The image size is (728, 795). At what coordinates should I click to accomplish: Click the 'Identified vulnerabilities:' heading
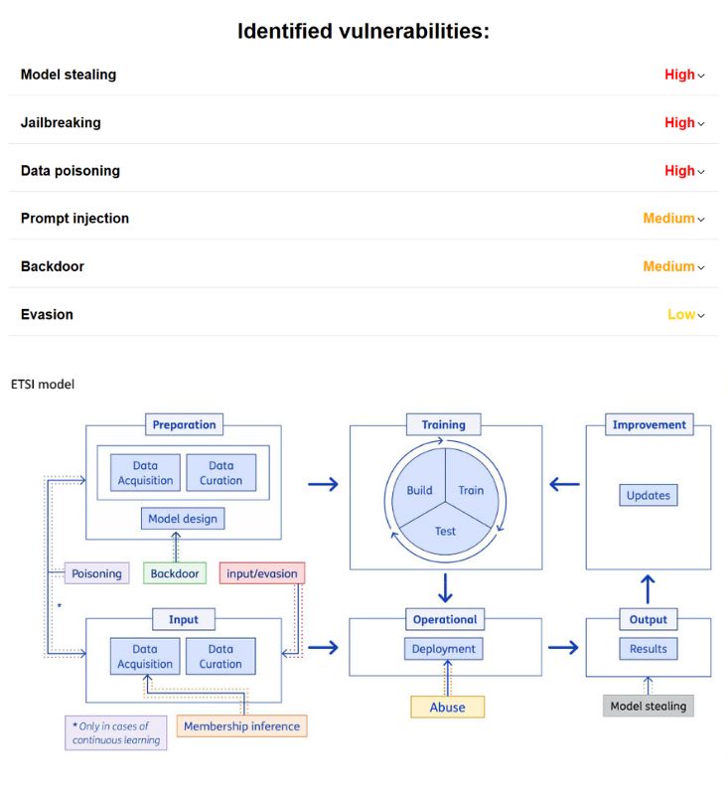click(364, 31)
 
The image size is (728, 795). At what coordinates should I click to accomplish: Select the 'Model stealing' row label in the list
click(69, 75)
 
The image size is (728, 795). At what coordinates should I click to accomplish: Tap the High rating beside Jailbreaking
click(679, 123)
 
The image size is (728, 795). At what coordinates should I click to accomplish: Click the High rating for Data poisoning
click(679, 171)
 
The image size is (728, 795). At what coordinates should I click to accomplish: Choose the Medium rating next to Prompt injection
click(668, 219)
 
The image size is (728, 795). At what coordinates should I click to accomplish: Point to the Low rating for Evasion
click(680, 315)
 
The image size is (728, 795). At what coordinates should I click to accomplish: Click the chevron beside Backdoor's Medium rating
click(701, 267)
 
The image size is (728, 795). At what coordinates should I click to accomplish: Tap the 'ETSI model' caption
click(43, 384)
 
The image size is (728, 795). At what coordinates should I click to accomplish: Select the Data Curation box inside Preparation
click(220, 473)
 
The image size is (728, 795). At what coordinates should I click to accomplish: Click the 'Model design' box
click(182, 519)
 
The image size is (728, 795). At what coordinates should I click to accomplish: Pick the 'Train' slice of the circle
click(471, 490)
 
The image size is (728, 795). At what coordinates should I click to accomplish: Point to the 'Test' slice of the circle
click(445, 531)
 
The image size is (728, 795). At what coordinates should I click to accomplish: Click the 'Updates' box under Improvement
click(649, 495)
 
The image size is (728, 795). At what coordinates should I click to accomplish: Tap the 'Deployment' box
click(445, 649)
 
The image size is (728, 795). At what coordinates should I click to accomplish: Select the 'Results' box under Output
click(649, 649)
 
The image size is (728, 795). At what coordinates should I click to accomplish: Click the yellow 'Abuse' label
click(447, 707)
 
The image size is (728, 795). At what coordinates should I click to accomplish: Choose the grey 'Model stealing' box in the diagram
click(649, 707)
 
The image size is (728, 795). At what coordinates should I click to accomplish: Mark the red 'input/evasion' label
click(261, 573)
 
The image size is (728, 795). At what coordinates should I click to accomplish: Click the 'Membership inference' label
click(241, 726)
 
